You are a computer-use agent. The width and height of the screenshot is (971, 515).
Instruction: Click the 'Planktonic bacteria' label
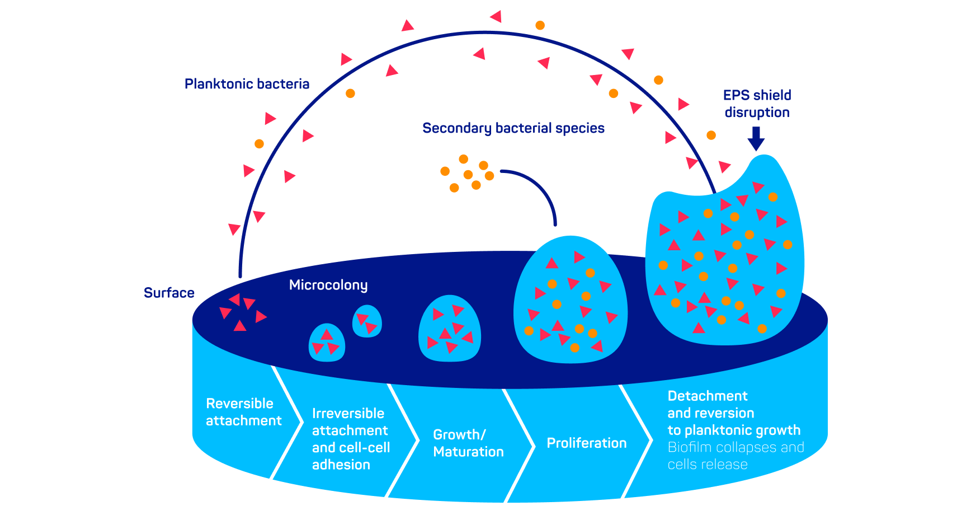247,84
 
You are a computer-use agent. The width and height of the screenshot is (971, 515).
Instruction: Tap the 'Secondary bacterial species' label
513,128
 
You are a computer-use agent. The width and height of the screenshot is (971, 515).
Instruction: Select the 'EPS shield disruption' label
757,104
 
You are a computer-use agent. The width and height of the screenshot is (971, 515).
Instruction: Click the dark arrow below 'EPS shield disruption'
756,139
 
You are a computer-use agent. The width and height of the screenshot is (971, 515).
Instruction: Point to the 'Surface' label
169,293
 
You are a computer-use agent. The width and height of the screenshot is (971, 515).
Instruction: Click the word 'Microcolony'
328,285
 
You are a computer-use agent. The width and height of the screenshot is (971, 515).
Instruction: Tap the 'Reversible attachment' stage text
243,412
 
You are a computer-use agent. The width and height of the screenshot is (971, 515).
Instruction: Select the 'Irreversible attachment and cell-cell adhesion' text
351,439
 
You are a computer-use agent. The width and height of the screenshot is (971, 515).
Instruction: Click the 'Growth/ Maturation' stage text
468,443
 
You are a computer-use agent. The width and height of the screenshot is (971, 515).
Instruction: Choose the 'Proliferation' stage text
586,443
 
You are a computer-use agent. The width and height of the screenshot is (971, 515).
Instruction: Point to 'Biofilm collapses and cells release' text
736,456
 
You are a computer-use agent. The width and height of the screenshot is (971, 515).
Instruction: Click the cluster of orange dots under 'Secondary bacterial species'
468,174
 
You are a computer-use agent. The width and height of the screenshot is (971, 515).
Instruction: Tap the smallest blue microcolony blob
367,321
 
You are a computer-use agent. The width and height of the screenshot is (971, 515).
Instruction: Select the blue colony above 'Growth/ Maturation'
450,329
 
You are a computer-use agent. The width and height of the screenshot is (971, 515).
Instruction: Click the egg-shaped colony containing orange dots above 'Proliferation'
570,301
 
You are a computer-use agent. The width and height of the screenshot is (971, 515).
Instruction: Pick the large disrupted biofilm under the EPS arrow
724,257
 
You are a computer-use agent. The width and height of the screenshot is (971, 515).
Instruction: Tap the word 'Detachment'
708,396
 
